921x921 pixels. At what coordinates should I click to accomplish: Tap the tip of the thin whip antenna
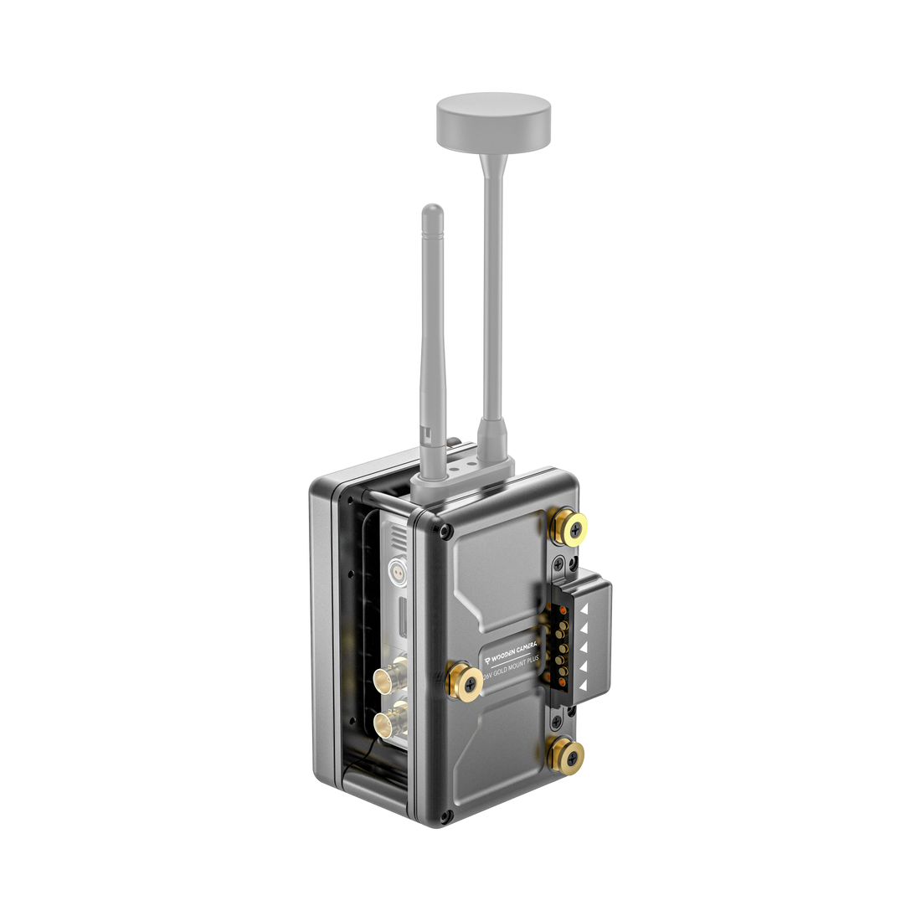coord(431,208)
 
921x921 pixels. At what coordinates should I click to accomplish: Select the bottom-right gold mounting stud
coord(567,754)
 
